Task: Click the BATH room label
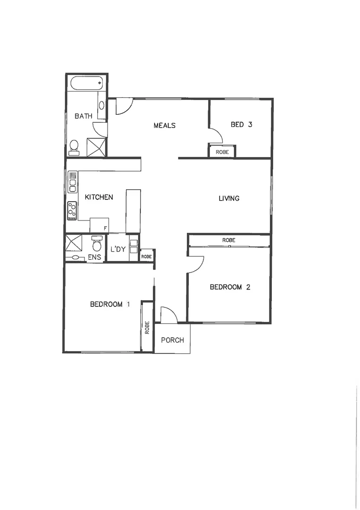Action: coord(83,116)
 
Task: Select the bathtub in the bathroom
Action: coord(86,84)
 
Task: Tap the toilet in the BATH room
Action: coord(74,147)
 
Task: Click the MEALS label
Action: coord(165,125)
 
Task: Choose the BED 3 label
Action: coord(242,125)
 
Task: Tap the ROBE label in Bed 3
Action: coord(222,152)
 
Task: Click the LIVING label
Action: coord(229,198)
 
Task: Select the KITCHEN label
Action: coord(99,197)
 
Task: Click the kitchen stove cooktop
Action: coord(72,210)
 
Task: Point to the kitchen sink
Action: coord(73,182)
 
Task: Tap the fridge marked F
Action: coord(100,225)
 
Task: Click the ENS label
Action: coord(94,257)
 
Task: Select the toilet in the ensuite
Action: coord(97,244)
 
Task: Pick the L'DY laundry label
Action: coord(117,249)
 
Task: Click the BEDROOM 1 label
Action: coord(109,304)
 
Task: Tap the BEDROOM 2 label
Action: coord(229,287)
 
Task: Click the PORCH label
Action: coord(172,340)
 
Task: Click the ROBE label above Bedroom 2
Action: coord(229,240)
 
